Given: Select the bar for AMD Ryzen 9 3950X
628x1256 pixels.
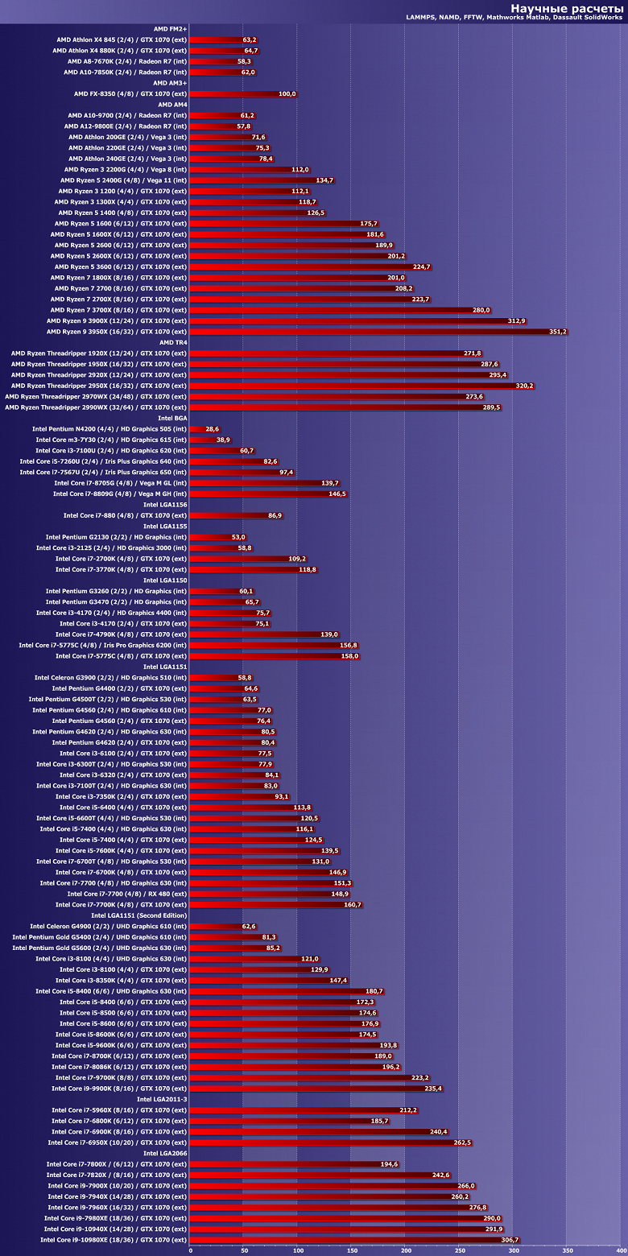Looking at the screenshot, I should (x=378, y=332).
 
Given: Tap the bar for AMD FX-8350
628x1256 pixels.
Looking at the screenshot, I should (x=243, y=94).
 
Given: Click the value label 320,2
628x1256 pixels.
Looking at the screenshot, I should (x=524, y=386).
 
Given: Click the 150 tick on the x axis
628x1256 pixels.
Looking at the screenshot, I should (x=351, y=1250).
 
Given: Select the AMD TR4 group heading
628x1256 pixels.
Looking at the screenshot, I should (x=173, y=342).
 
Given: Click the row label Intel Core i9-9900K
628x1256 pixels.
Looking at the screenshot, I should (x=119, y=1089).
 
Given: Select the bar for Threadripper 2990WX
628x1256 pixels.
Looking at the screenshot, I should (x=346, y=407).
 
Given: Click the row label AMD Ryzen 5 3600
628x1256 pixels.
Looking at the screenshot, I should (x=121, y=266).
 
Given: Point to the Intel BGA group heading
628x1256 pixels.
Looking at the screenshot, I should (x=172, y=418).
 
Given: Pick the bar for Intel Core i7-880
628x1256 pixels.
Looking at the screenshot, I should (x=237, y=515).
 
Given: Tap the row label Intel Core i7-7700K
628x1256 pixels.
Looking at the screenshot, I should (x=122, y=905).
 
